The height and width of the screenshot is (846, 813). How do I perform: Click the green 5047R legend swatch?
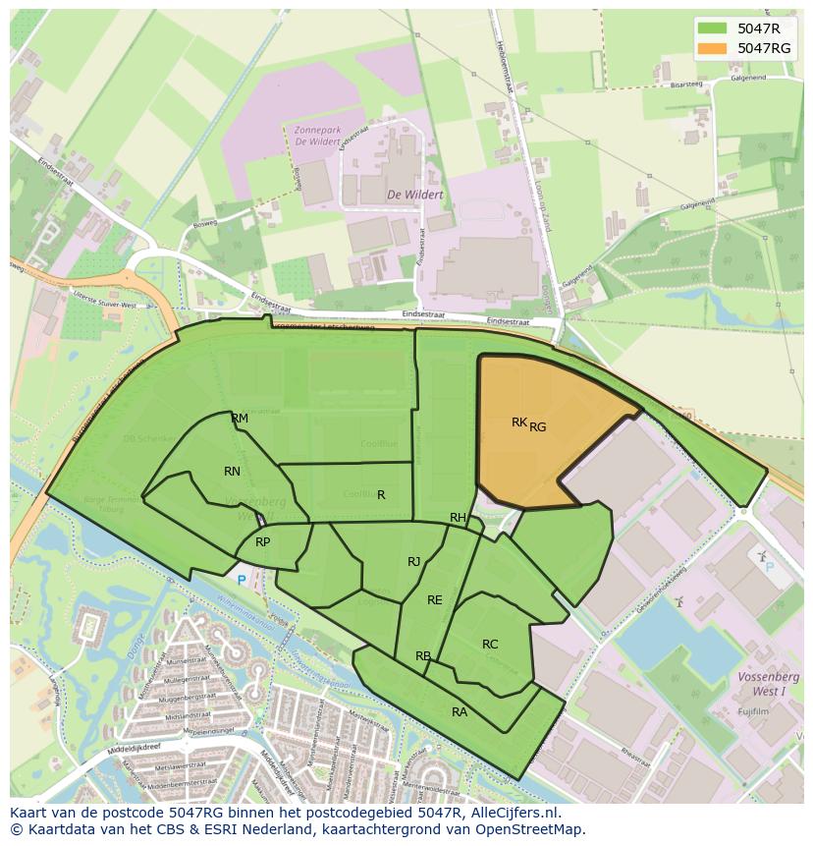(x=714, y=28)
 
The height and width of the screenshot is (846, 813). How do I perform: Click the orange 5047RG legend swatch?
(x=714, y=48)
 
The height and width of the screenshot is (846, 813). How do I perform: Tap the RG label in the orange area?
(x=537, y=426)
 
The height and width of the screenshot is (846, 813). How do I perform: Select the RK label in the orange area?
(x=519, y=423)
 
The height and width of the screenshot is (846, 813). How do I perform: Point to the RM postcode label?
(x=240, y=419)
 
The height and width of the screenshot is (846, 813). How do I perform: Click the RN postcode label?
(x=232, y=472)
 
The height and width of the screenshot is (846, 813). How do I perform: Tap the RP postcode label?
(x=262, y=542)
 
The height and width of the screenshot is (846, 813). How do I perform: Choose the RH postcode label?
(x=458, y=518)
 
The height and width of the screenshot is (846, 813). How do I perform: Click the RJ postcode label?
(x=414, y=562)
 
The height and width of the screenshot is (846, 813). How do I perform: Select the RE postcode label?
(x=434, y=600)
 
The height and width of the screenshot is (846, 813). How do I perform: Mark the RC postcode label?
(x=490, y=645)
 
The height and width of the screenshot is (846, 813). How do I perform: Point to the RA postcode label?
(x=460, y=712)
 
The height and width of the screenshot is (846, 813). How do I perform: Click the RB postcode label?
(x=423, y=656)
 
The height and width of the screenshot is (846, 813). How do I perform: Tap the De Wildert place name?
(x=414, y=195)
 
